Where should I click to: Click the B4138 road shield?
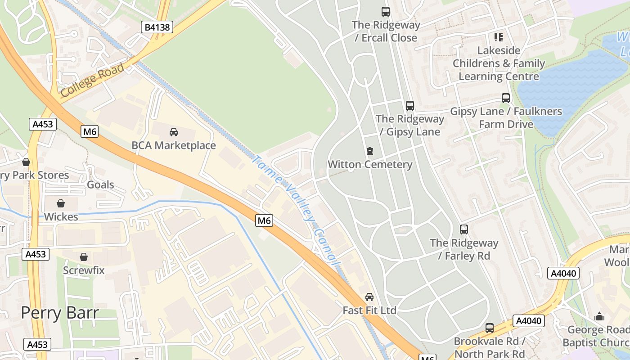[157, 27]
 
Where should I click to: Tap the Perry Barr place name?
[60, 312]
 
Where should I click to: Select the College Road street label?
[92, 80]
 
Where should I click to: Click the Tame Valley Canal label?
[295, 211]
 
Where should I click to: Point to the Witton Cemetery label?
[370, 164]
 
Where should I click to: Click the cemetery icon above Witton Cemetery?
[370, 151]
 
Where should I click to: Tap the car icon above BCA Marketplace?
[174, 132]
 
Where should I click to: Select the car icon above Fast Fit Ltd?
[369, 297]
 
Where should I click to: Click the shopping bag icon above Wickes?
[61, 203]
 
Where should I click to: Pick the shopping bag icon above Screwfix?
[84, 257]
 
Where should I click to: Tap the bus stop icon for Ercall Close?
[386, 12]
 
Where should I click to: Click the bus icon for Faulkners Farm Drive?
[506, 98]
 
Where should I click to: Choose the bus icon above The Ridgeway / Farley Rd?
[464, 229]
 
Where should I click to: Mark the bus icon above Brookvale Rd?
[490, 328]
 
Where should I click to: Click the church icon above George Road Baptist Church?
[599, 316]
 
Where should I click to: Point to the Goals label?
[100, 184]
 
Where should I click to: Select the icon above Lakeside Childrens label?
[498, 37]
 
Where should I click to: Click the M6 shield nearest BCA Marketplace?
[90, 131]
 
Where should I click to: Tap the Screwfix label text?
[84, 270]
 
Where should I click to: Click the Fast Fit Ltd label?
[369, 310]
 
